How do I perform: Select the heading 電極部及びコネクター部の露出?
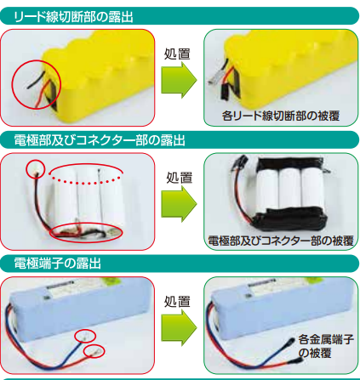coord(94,139)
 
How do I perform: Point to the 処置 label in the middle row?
coord(179,179)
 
